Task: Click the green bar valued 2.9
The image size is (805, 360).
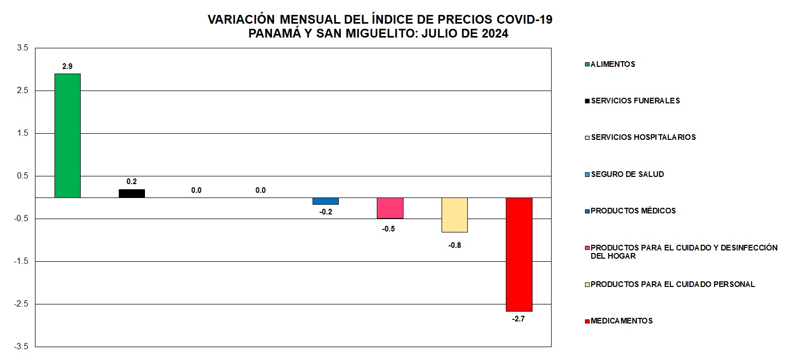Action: [67, 135]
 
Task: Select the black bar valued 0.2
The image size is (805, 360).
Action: [132, 193]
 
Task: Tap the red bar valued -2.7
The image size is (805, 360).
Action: [519, 254]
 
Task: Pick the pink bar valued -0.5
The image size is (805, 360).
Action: [390, 208]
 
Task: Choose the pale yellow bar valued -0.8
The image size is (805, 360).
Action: [454, 214]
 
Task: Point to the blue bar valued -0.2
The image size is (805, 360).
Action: [325, 201]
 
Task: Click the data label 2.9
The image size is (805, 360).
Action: [67, 66]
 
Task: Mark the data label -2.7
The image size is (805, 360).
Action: [518, 319]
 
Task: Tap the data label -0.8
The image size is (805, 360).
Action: [454, 245]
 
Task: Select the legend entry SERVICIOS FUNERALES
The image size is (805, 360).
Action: [635, 101]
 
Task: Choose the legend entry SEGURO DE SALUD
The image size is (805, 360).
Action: [627, 174]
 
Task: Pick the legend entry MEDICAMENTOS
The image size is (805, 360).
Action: [621, 321]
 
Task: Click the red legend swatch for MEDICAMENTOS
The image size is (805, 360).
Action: [588, 321]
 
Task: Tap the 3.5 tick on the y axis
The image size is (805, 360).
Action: [23, 48]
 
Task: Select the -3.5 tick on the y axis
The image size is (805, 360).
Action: [22, 347]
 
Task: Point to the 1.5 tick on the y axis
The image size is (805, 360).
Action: [23, 133]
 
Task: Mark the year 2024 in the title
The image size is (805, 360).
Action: [492, 34]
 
